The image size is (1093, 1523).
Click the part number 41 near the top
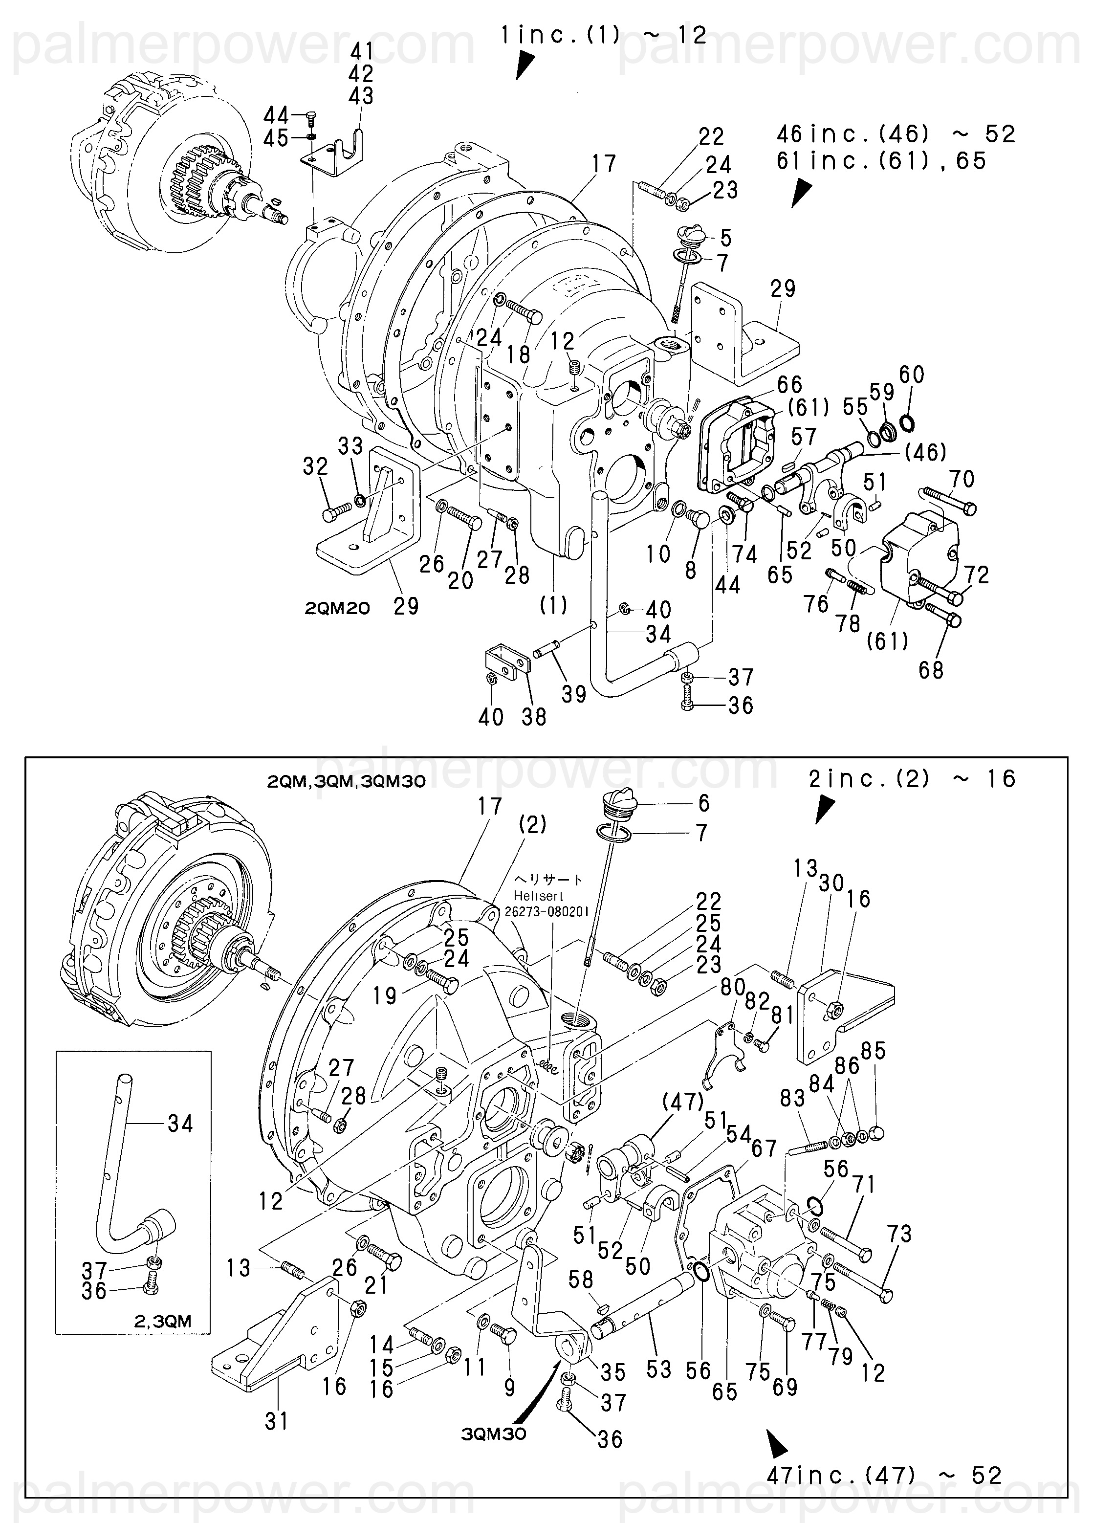click(x=361, y=51)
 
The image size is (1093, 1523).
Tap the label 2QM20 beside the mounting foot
click(x=337, y=608)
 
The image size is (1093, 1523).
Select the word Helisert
click(x=539, y=895)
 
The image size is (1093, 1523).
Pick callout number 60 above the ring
click(x=912, y=374)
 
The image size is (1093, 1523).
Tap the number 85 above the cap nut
click(x=873, y=1051)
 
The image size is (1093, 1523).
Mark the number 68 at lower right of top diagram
click(x=931, y=669)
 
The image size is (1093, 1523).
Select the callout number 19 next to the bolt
click(x=385, y=996)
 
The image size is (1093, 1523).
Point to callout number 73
click(x=899, y=1234)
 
